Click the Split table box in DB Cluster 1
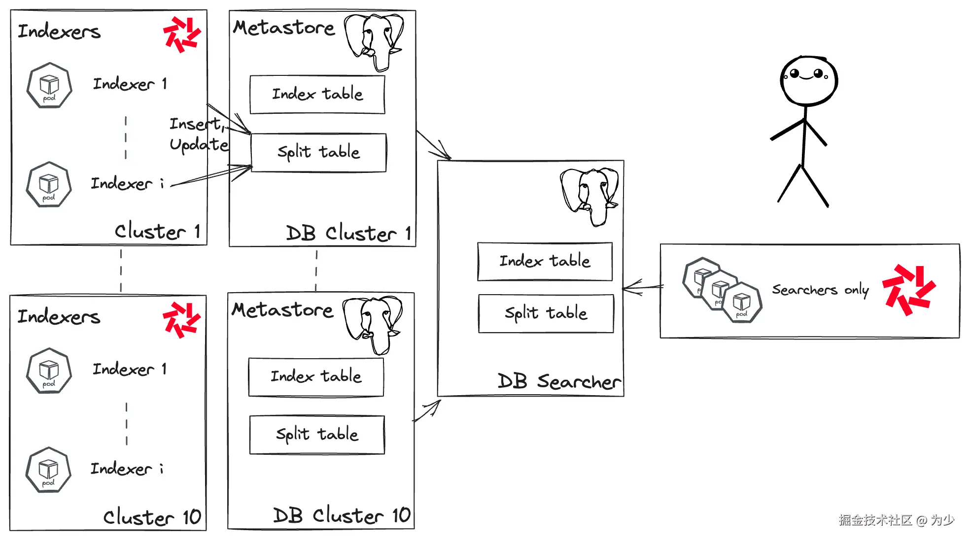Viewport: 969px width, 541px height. point(318,152)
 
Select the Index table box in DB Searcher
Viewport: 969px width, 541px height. point(545,261)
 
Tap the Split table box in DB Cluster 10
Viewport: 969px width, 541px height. point(317,435)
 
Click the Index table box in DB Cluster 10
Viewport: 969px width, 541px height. point(316,377)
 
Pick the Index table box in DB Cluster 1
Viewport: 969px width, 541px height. point(317,94)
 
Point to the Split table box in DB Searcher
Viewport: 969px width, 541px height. point(546,313)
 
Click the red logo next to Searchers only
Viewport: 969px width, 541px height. point(908,290)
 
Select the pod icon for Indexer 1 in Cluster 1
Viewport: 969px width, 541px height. point(49,86)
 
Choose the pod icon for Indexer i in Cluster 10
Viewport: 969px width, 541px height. point(48,470)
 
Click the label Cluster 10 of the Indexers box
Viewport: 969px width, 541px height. point(152,517)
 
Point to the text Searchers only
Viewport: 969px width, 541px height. point(820,290)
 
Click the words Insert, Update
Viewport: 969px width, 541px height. point(198,134)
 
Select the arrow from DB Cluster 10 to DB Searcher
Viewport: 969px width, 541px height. point(427,411)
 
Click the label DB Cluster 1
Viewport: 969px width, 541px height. point(348,233)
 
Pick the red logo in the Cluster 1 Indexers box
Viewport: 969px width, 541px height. point(182,34)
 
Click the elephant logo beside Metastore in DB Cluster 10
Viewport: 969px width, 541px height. point(373,324)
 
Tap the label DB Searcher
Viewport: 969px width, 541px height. point(558,381)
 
